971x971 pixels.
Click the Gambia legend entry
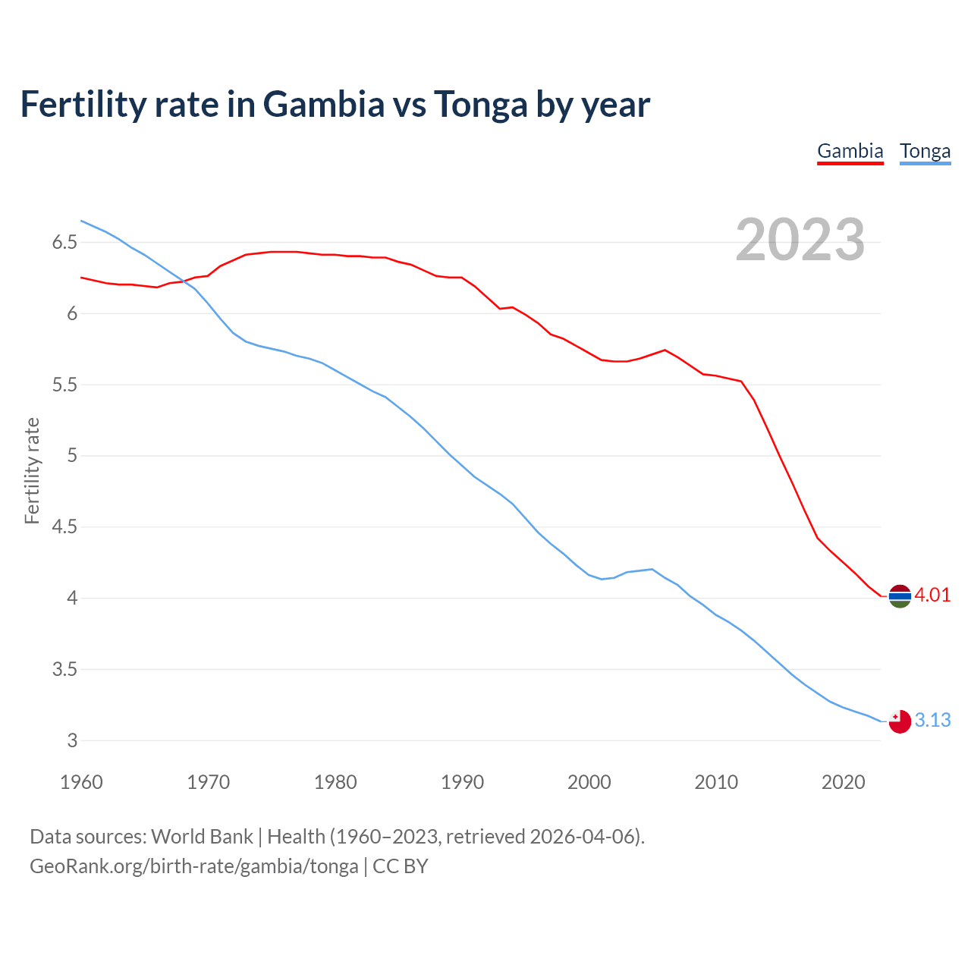point(850,151)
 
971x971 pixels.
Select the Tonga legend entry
point(925,151)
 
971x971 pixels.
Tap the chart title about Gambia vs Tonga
point(335,104)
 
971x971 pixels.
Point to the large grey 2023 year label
point(800,240)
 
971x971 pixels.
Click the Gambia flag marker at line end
point(899,596)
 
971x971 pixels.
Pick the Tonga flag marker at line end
point(899,721)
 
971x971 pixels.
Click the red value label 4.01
point(932,595)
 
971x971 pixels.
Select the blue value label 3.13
point(932,721)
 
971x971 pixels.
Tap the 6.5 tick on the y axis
point(64,243)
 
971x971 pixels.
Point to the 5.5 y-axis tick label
point(64,385)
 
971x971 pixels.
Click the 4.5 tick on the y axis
point(64,527)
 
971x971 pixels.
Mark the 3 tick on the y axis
point(73,741)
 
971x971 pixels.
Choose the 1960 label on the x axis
point(81,782)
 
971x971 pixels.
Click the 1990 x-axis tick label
point(462,782)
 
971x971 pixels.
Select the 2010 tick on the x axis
point(716,782)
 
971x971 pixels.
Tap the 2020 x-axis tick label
point(843,782)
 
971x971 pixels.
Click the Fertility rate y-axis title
point(32,470)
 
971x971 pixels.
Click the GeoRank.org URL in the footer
point(193,866)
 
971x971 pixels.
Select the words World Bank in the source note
point(202,837)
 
